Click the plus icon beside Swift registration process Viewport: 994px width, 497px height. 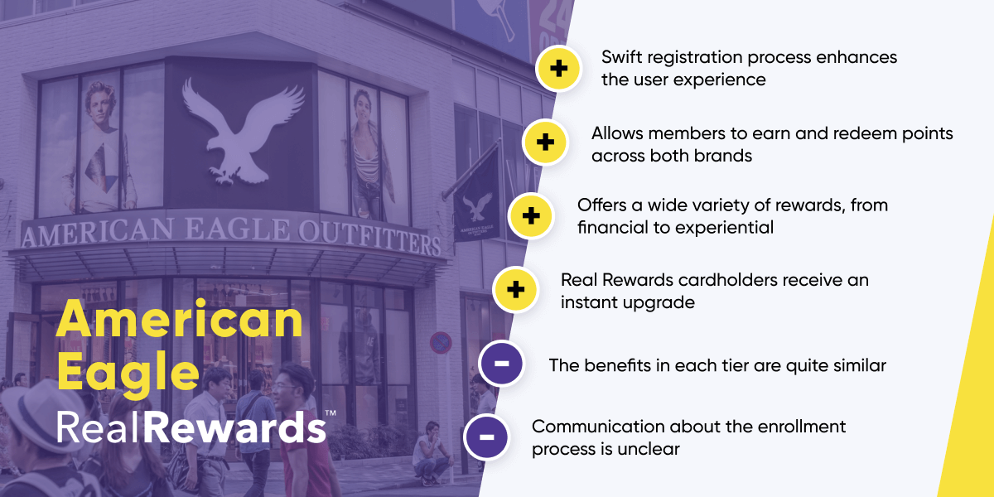(x=559, y=69)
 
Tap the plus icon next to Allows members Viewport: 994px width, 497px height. (x=545, y=142)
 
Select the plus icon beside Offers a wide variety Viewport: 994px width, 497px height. (x=531, y=216)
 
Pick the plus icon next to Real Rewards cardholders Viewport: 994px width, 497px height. (x=515, y=290)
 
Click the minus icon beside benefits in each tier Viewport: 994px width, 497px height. (x=501, y=364)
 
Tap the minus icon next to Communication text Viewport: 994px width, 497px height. (x=486, y=437)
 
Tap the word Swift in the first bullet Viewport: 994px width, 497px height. (x=622, y=58)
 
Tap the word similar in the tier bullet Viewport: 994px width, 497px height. (x=856, y=365)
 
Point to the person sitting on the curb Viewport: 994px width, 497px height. (x=431, y=451)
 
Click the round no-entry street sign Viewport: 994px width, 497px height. (x=441, y=341)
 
